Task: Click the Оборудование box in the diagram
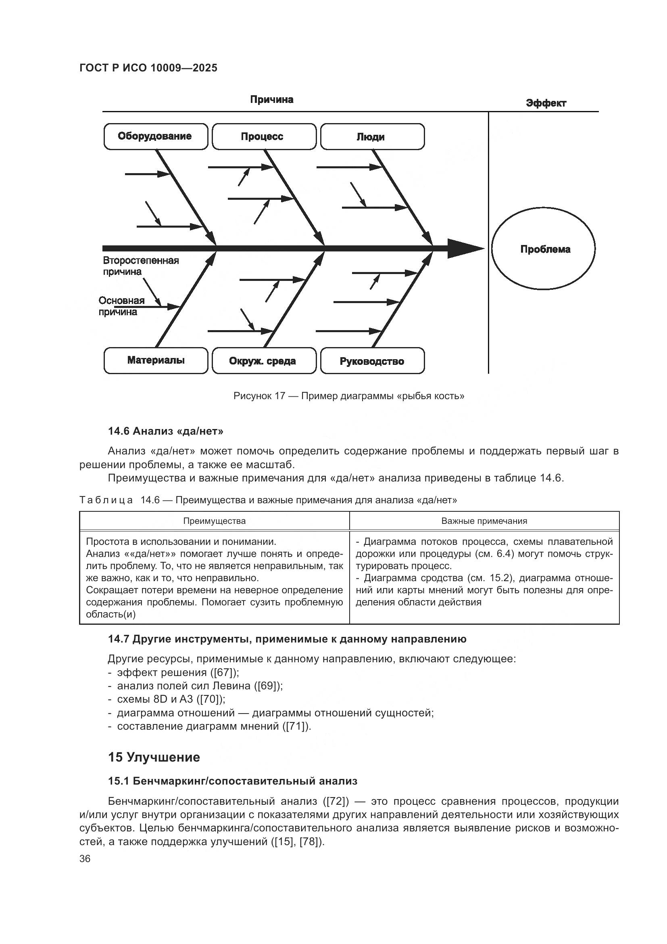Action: [156, 136]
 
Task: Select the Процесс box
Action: [264, 136]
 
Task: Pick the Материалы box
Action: [156, 360]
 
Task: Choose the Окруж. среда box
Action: [264, 361]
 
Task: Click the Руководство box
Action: [372, 361]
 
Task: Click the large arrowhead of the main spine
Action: [464, 248]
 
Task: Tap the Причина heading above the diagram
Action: [271, 100]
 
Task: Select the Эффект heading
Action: [546, 103]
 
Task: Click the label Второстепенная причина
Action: [140, 266]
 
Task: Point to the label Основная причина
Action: [121, 306]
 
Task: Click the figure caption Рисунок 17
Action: [348, 396]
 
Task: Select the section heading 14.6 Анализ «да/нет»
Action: [165, 431]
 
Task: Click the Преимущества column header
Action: [214, 521]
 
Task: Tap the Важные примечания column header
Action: [484, 521]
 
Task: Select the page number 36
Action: [85, 858]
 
